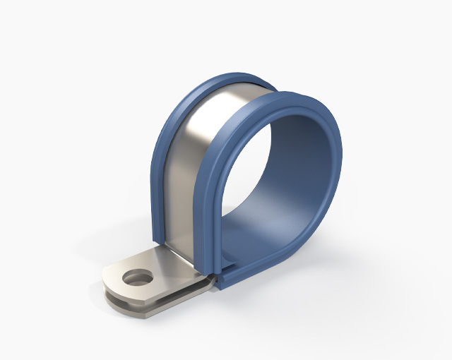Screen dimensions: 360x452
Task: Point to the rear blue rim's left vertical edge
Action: (157, 184)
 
